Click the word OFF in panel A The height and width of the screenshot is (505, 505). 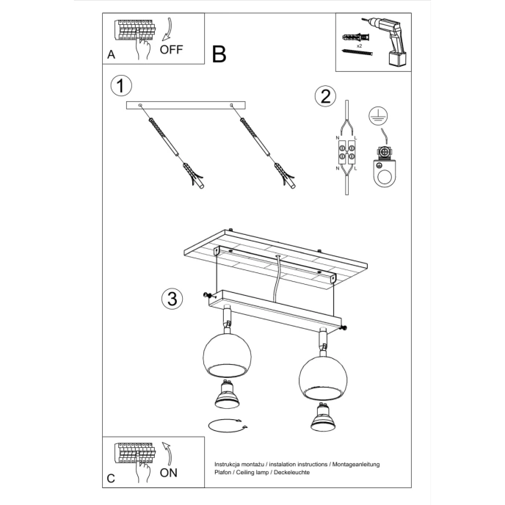click(170, 50)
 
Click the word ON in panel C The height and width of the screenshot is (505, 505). click(168, 472)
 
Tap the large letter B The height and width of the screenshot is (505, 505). click(219, 54)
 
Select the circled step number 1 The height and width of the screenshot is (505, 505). click(121, 86)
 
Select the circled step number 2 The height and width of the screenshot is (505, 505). click(324, 96)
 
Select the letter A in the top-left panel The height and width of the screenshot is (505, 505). click(111, 54)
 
